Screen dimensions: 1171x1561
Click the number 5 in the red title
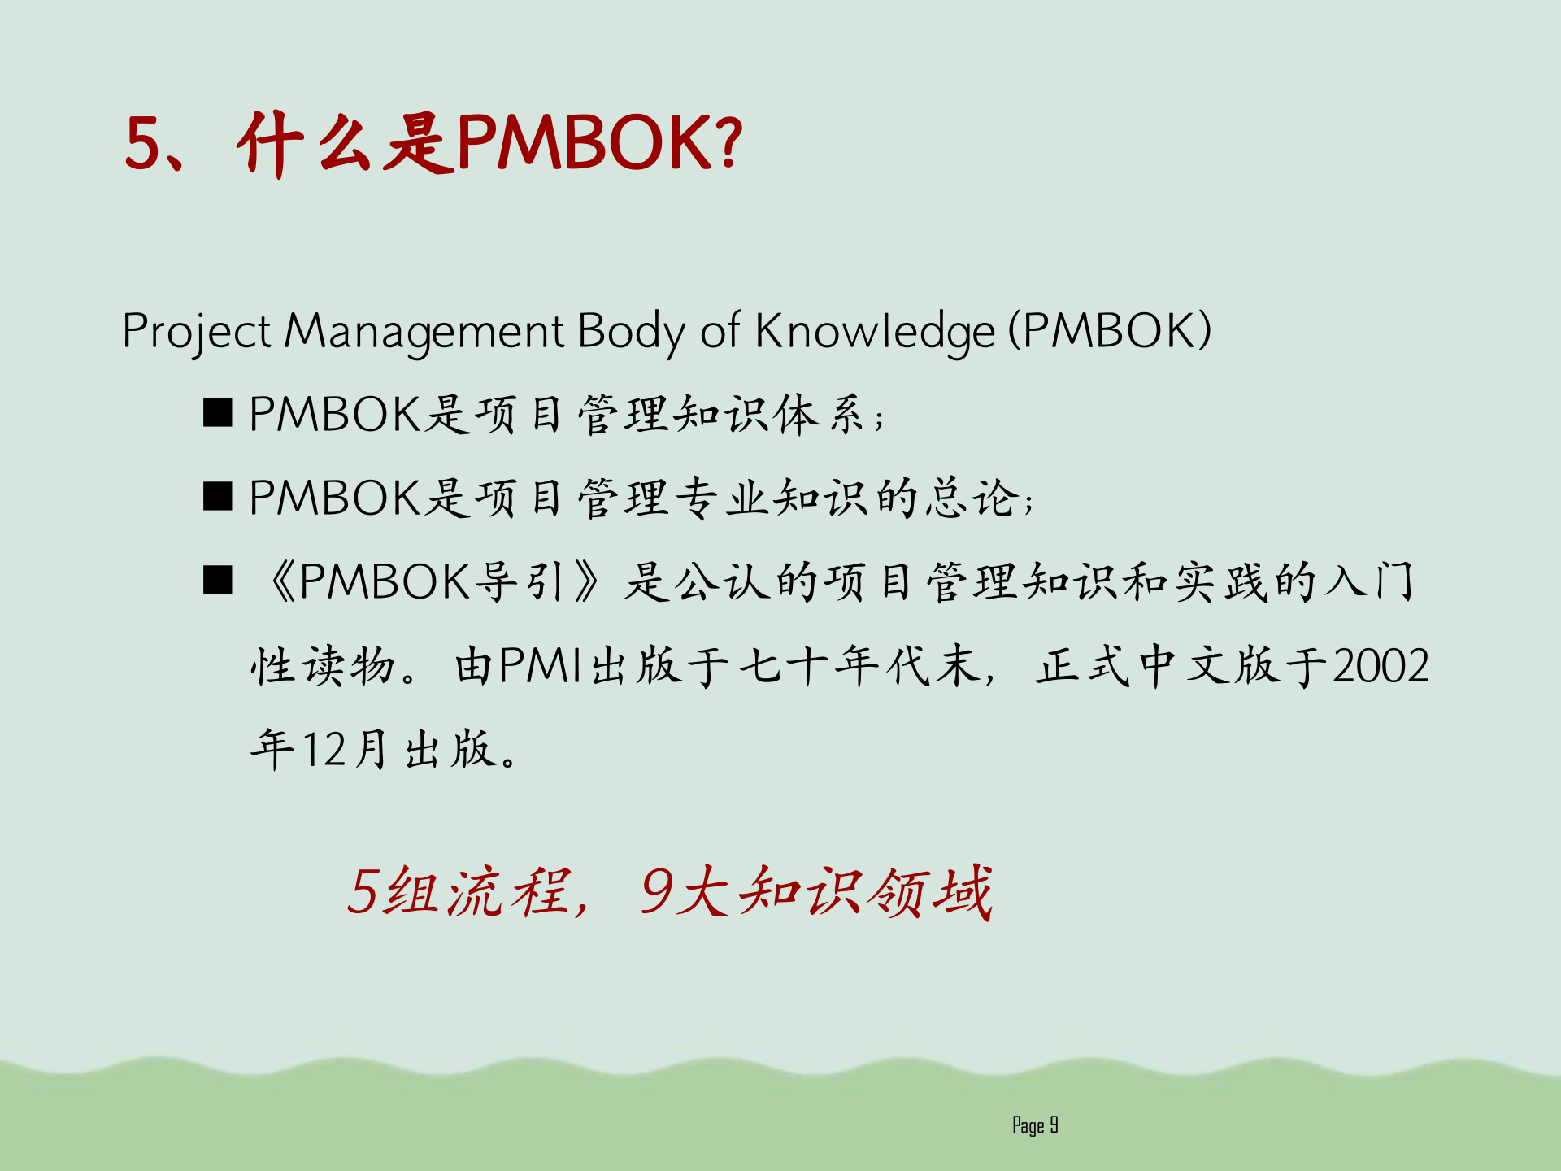click(144, 143)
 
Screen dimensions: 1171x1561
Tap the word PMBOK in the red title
click(585, 143)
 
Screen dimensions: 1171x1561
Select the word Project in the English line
click(196, 332)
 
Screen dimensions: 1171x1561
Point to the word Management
click(424, 332)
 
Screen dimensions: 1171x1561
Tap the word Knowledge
click(875, 332)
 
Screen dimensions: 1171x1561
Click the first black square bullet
click(218, 413)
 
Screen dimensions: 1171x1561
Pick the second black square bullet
click(218, 496)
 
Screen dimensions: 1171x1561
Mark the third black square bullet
click(218, 581)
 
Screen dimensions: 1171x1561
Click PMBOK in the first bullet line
click(334, 414)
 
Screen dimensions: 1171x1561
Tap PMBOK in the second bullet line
click(334, 498)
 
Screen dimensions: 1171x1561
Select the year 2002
click(1381, 667)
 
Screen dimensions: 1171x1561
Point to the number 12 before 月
click(324, 750)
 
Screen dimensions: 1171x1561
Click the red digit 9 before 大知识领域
click(655, 892)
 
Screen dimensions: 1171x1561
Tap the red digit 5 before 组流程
click(363, 892)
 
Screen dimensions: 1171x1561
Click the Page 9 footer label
click(1035, 1125)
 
